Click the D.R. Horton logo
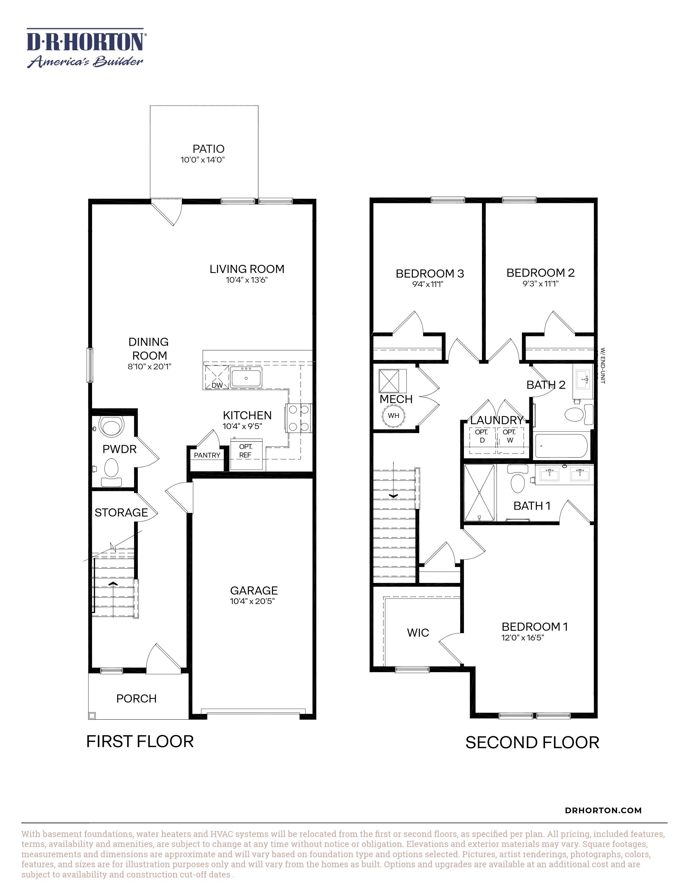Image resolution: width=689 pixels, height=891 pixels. (85, 48)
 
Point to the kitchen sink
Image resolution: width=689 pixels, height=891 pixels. (246, 377)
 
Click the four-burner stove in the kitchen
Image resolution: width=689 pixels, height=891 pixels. (298, 418)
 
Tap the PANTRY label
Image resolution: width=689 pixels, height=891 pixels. (207, 455)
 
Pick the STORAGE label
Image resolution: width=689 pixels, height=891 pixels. (121, 512)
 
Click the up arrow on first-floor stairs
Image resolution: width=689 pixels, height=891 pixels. (113, 585)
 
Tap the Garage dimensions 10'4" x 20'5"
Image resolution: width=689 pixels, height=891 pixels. (252, 601)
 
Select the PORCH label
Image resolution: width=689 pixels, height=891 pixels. (136, 699)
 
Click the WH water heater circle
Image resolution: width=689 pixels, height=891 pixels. (393, 416)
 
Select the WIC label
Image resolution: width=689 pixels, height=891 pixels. (418, 633)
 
